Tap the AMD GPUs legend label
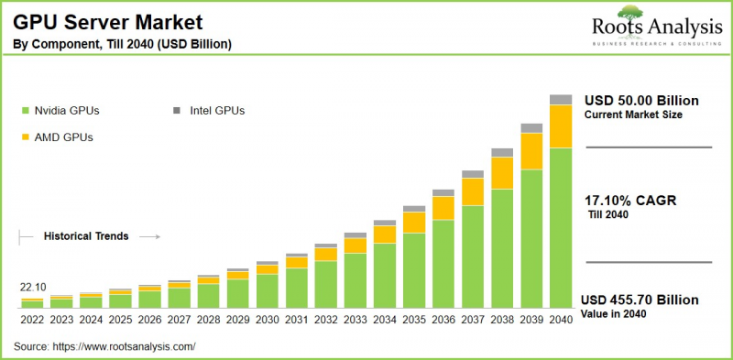[x=64, y=137]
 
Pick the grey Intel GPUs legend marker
[x=177, y=111]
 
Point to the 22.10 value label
[x=32, y=287]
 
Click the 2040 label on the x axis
[x=561, y=319]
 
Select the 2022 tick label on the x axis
[x=32, y=319]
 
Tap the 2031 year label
[x=296, y=319]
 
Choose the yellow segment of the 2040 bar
[x=561, y=126]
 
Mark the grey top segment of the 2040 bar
[x=561, y=99]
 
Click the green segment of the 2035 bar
[x=414, y=270]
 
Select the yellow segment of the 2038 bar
[x=502, y=172]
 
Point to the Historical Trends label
[x=86, y=236]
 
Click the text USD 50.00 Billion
[x=641, y=100]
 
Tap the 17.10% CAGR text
[x=630, y=200]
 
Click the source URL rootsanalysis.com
[x=124, y=347]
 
